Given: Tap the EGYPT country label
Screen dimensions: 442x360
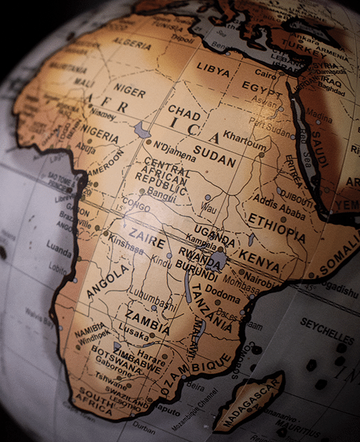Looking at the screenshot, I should (262, 87).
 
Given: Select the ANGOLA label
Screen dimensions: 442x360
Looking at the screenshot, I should (108, 281).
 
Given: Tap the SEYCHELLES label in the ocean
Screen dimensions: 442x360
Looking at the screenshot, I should (327, 330).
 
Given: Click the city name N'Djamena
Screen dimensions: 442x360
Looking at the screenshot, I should (175, 148).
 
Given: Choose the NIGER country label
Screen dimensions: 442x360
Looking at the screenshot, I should (130, 90).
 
